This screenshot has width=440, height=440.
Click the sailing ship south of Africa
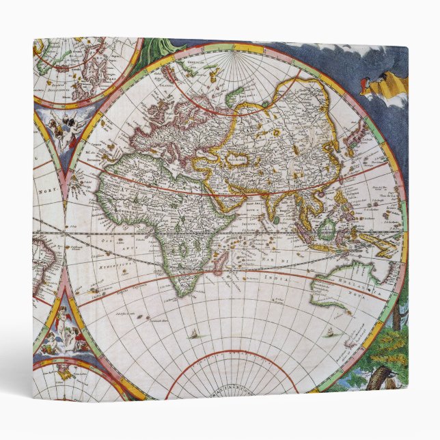click(195, 334)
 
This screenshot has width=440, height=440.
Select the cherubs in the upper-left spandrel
click(67, 128)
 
